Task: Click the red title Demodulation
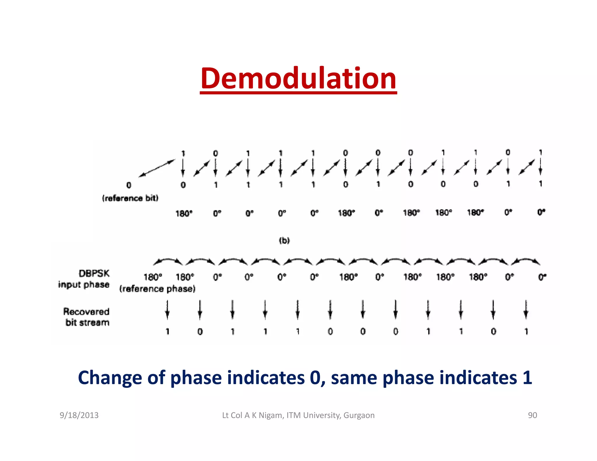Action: click(x=298, y=78)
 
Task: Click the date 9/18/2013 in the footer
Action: click(x=79, y=415)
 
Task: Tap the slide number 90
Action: click(x=532, y=415)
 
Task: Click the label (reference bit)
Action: click(x=130, y=198)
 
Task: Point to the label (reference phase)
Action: click(x=157, y=289)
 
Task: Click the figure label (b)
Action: click(x=284, y=240)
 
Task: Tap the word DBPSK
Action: click(x=94, y=273)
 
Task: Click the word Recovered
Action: click(x=86, y=312)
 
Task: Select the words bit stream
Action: click(x=87, y=323)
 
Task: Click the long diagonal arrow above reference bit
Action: click(x=157, y=168)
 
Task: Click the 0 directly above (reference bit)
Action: click(x=129, y=185)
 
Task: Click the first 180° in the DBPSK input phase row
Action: click(x=153, y=277)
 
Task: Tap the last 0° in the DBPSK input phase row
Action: click(x=542, y=277)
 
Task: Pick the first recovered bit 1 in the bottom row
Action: click(x=168, y=331)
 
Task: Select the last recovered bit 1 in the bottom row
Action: click(x=526, y=331)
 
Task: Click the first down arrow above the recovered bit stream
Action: click(x=167, y=310)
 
